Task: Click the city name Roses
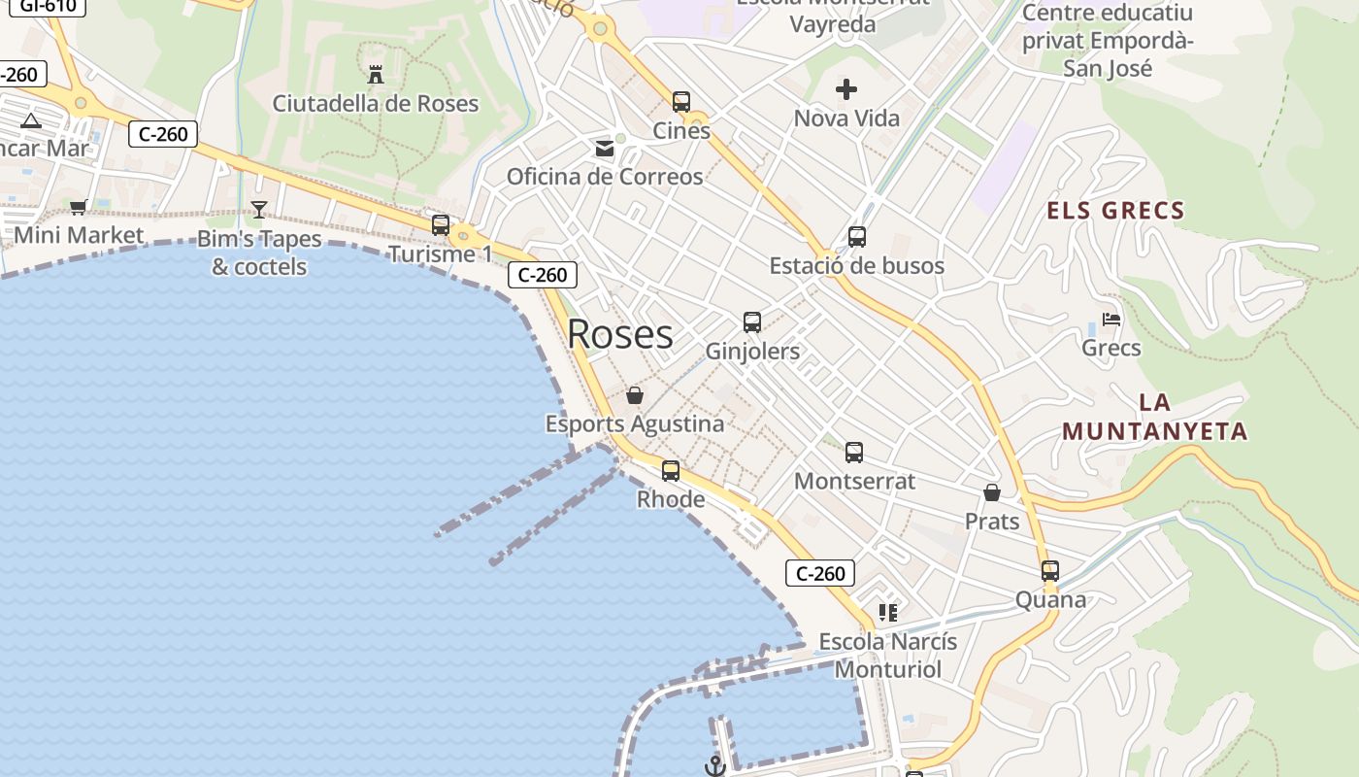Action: point(619,334)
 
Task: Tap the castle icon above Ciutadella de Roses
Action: point(376,74)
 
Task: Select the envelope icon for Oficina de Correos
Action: point(605,149)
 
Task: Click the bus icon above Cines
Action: point(681,102)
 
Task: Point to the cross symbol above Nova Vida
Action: point(846,90)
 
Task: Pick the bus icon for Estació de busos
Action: point(857,237)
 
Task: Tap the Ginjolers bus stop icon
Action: point(752,322)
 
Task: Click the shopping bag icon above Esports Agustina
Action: point(635,395)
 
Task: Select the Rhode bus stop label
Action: point(671,499)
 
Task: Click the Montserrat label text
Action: point(854,481)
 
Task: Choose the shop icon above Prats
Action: point(992,493)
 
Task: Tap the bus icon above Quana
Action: point(1050,571)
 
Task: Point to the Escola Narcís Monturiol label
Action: point(887,655)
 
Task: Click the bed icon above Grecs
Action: point(1111,320)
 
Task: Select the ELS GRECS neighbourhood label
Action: point(1115,211)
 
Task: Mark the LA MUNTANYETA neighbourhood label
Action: point(1154,418)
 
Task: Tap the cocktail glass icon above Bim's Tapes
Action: point(259,210)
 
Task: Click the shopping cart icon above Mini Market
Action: point(79,207)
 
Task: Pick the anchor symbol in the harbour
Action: point(715,766)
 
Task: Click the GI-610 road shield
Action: point(41,6)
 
